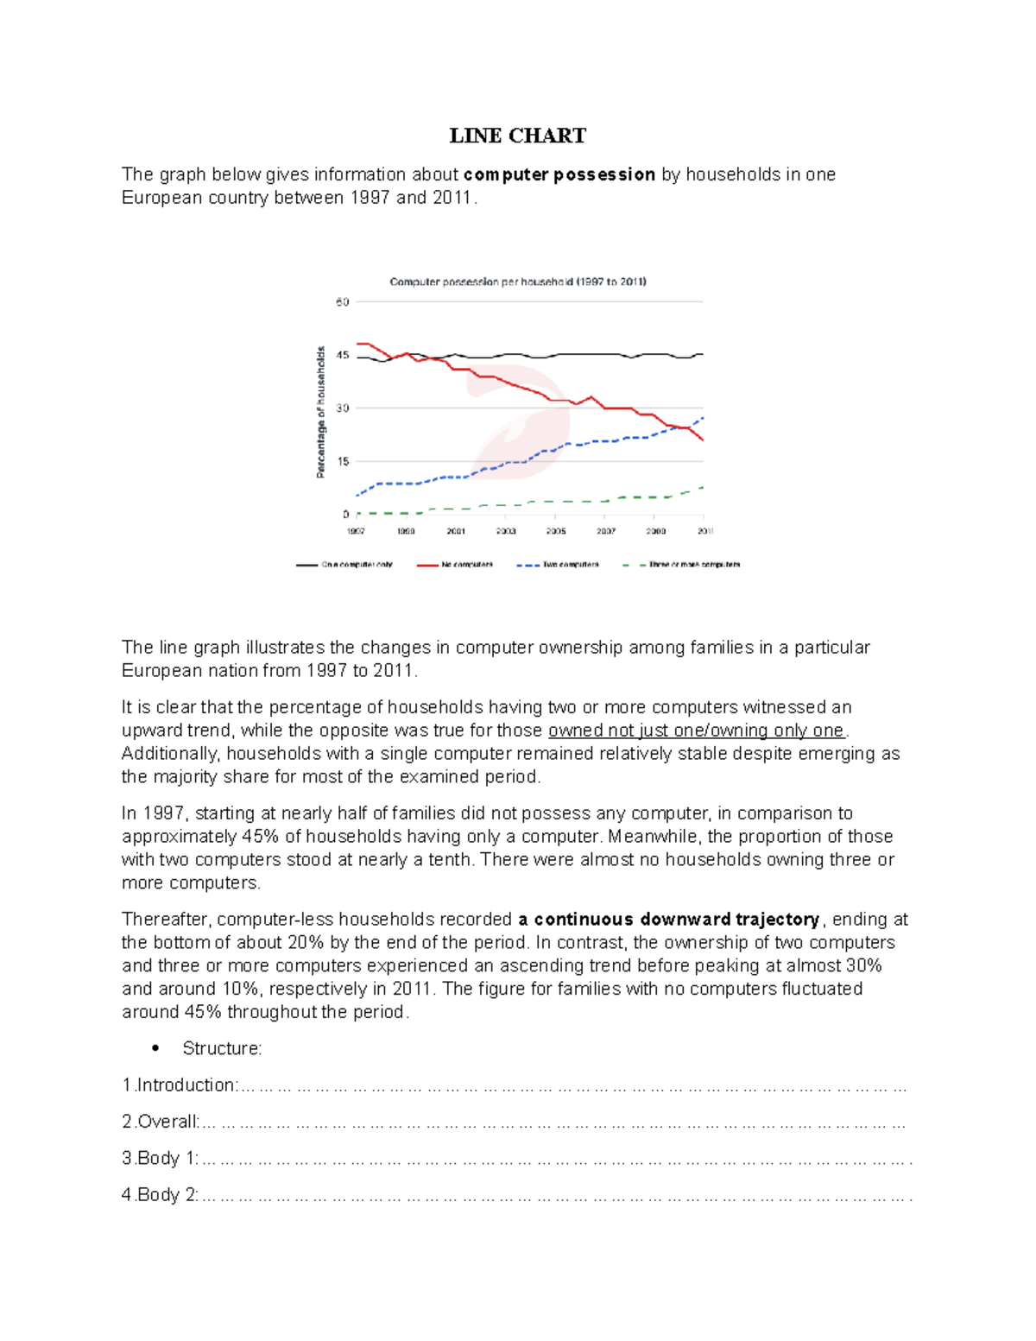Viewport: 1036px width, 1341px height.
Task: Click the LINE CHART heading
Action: pos(517,136)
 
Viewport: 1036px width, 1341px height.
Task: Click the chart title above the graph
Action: pos(518,281)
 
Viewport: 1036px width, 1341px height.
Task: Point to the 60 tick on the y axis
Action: pos(343,302)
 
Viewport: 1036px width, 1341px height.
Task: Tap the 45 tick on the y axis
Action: pos(343,355)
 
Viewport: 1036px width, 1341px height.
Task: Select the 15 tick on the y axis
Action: pos(343,461)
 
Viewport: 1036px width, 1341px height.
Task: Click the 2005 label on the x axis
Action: pos(556,531)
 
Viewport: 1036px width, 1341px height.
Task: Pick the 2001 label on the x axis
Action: pos(456,531)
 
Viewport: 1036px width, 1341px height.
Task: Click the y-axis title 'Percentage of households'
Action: pos(320,412)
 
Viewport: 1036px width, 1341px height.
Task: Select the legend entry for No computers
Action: pos(466,565)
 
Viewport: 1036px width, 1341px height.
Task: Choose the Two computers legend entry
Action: pos(570,565)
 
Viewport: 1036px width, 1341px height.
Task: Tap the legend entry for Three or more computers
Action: pos(694,565)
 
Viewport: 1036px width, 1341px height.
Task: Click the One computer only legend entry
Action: pos(357,565)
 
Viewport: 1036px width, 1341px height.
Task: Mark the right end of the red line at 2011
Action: pos(704,440)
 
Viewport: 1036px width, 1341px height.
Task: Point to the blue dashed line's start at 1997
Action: pos(357,496)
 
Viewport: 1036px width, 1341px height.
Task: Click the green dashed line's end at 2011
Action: pos(704,487)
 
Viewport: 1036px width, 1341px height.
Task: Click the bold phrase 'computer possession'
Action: pos(559,174)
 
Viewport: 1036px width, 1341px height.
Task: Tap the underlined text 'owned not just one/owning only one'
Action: pos(696,731)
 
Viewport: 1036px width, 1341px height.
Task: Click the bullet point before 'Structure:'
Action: pos(155,1049)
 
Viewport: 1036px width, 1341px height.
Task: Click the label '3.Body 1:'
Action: pos(161,1159)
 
